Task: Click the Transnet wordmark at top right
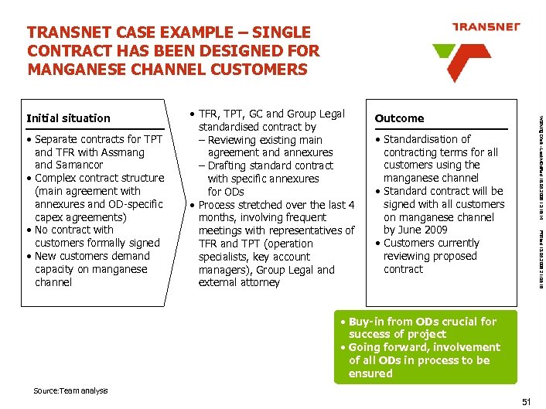click(x=485, y=26)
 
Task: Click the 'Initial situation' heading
click(x=68, y=118)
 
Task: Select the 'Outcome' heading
click(x=399, y=118)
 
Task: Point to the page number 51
click(x=527, y=401)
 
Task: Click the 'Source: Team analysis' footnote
click(x=70, y=391)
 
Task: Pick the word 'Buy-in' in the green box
click(x=366, y=322)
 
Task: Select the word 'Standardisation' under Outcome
click(x=427, y=139)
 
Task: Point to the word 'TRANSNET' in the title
click(x=64, y=32)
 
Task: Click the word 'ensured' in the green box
click(x=370, y=373)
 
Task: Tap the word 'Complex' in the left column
click(x=56, y=178)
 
